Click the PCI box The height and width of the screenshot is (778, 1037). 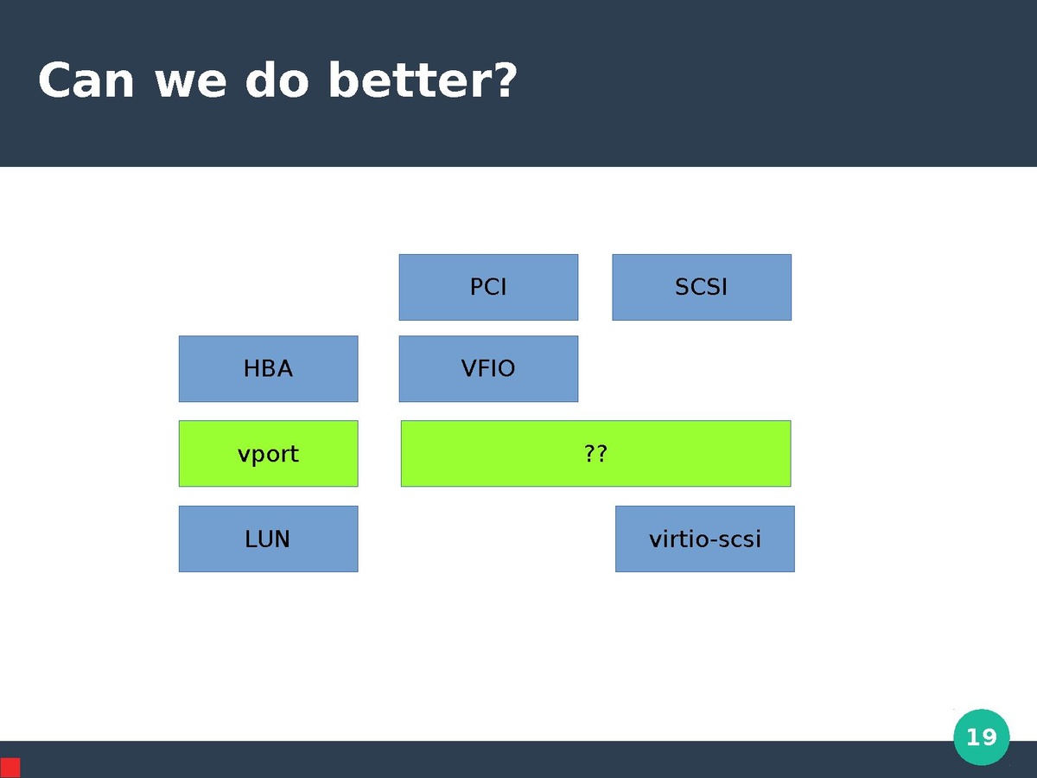click(488, 287)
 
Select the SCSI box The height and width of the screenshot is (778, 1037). click(702, 287)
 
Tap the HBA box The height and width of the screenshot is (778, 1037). click(269, 369)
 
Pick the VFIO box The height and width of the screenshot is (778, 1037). click(488, 369)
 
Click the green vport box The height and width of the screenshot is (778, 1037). click(269, 454)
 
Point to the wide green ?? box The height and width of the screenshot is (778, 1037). click(595, 454)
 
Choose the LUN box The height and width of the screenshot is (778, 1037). click(269, 539)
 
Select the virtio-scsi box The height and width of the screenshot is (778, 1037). click(705, 539)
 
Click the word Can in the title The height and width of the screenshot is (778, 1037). click(86, 80)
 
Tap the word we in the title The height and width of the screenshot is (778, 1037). click(190, 84)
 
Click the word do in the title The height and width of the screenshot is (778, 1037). click(277, 80)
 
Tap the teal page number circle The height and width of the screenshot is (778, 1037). click(982, 737)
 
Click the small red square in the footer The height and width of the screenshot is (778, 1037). click(10, 768)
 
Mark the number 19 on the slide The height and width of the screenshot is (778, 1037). click(982, 737)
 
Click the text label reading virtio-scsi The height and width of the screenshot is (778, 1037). click(705, 539)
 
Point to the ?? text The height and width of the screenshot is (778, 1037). click(595, 454)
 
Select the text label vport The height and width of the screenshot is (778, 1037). click(268, 455)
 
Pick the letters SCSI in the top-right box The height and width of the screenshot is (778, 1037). click(701, 287)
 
